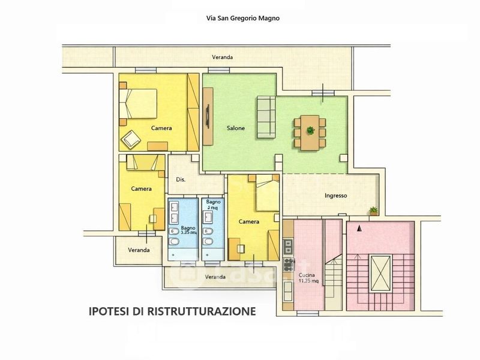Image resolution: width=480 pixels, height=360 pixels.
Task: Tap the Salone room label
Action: (x=235, y=128)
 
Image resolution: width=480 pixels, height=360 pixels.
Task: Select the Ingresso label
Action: (x=337, y=196)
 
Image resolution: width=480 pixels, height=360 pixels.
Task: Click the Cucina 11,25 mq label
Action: (x=307, y=278)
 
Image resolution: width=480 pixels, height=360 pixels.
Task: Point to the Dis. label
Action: (x=181, y=179)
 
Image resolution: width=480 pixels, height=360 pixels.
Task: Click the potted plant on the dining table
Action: (x=310, y=130)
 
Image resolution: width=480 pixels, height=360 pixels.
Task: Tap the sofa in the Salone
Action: (x=266, y=116)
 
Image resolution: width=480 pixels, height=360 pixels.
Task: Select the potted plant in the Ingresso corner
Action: (x=374, y=211)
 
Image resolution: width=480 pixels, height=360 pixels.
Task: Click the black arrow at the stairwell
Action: (x=359, y=228)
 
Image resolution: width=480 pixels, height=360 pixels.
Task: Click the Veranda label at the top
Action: (x=222, y=57)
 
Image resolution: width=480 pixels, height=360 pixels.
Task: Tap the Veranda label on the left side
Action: (x=139, y=250)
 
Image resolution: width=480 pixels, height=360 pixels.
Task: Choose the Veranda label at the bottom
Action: (x=215, y=277)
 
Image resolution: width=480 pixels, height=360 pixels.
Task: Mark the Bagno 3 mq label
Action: (x=214, y=205)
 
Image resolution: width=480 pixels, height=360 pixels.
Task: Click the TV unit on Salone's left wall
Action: (x=208, y=116)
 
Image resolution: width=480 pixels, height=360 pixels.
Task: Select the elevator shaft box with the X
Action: (x=379, y=271)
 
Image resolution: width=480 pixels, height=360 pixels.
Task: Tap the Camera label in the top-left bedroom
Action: (x=161, y=128)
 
